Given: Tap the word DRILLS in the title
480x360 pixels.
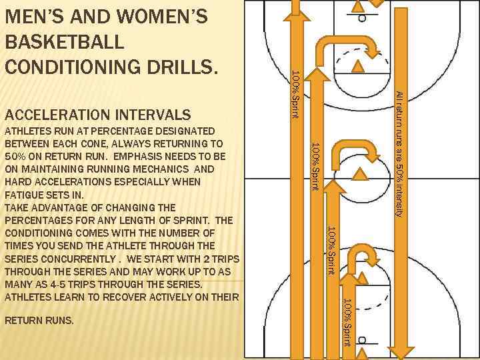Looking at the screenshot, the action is pyautogui.click(x=183, y=67).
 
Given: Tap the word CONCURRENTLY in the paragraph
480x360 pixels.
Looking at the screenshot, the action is pyautogui.click(x=78, y=259).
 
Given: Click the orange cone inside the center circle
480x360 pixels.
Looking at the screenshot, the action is pyautogui.click(x=360, y=174).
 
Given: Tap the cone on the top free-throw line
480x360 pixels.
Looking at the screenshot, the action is pyautogui.click(x=357, y=67).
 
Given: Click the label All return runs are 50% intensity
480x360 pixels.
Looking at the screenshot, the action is pyautogui.click(x=399, y=154).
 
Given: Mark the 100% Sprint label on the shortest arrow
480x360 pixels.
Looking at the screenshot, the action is pyautogui.click(x=348, y=323).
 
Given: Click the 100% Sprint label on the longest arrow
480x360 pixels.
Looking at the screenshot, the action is pyautogui.click(x=296, y=95).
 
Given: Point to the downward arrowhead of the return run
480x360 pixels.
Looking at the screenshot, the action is pyautogui.click(x=401, y=353).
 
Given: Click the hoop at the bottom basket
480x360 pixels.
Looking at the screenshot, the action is pyautogui.click(x=362, y=340).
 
